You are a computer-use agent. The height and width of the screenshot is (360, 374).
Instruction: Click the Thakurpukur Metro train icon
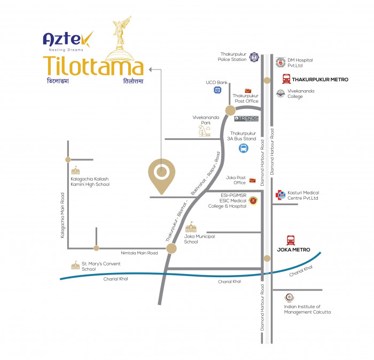click(286, 79)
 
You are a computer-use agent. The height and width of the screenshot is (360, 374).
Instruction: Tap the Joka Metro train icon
click(291, 240)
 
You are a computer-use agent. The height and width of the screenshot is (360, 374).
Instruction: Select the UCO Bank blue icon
click(217, 90)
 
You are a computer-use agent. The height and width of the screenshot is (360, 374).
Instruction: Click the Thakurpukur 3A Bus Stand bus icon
click(244, 148)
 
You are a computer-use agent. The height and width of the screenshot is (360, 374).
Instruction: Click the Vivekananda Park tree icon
click(205, 131)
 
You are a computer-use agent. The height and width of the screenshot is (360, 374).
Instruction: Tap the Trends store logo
click(246, 119)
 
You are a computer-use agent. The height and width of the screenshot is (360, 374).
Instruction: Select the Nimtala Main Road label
click(139, 253)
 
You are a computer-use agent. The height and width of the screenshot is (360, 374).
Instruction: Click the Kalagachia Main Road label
click(63, 215)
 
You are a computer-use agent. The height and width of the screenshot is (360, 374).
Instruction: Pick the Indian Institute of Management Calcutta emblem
click(290, 298)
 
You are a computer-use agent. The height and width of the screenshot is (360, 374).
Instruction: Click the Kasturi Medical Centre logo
click(280, 195)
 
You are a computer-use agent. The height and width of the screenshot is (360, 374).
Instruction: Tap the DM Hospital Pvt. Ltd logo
click(280, 62)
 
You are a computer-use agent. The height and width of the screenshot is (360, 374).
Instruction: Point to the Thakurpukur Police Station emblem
click(254, 57)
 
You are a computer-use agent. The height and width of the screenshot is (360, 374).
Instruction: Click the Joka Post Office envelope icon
click(252, 181)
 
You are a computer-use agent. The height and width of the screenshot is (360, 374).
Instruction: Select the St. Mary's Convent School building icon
click(76, 265)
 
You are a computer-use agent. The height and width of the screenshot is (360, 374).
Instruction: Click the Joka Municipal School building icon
click(191, 227)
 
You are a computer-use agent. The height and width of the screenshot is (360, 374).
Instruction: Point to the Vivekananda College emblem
click(280, 93)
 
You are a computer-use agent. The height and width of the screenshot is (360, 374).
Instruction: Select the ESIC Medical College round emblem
click(253, 200)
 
